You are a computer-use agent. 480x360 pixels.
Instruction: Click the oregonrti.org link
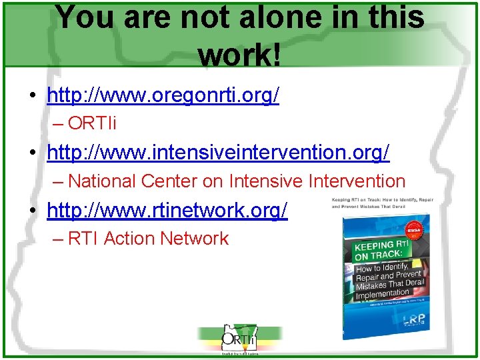[163, 96]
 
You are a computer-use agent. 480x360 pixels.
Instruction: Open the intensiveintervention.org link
[218, 153]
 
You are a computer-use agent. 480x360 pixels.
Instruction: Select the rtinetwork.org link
[167, 211]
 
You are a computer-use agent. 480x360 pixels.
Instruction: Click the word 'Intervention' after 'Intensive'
[355, 181]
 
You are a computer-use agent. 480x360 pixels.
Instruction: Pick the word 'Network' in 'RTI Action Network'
[198, 239]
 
